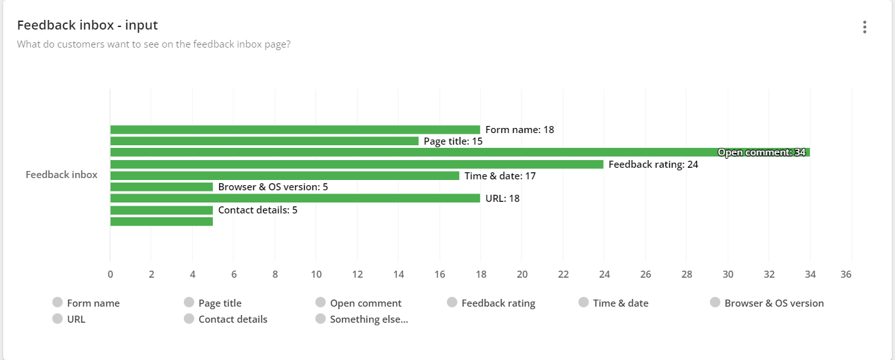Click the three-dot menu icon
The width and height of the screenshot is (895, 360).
(865, 27)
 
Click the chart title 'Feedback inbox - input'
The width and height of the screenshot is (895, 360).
(87, 25)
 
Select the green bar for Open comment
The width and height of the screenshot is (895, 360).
(411, 152)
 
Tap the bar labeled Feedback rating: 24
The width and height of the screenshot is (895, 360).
(357, 165)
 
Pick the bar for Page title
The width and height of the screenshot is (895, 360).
(264, 141)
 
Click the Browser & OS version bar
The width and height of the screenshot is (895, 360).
(161, 187)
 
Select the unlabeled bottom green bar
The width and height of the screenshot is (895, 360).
(161, 222)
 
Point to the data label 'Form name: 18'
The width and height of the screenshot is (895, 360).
(520, 130)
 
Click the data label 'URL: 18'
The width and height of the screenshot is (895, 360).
(502, 199)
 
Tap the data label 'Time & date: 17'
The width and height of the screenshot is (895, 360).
(500, 176)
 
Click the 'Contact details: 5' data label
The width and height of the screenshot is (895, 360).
(257, 210)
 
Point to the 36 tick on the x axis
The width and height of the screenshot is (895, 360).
(845, 274)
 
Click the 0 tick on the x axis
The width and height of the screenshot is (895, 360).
(111, 274)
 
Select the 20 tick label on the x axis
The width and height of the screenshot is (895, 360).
(522, 274)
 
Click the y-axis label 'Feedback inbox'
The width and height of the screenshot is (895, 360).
(62, 175)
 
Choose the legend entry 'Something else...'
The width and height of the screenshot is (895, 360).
(368, 319)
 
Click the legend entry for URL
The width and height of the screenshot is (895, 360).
(76, 319)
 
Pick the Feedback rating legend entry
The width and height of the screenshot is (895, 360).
(498, 303)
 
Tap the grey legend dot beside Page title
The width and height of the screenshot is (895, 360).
(189, 302)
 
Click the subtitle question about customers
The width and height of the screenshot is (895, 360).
(154, 44)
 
